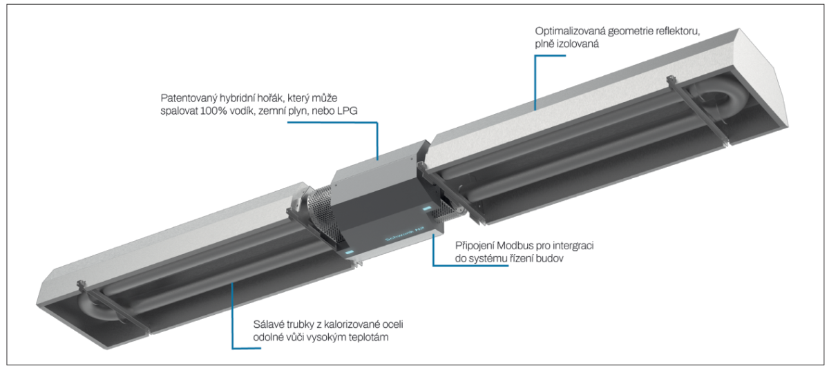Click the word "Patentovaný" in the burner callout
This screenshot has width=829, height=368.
(189, 99)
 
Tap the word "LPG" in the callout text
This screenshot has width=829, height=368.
(347, 111)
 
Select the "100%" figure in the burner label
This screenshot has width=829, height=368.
(213, 111)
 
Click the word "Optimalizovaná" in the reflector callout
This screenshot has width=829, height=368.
(569, 32)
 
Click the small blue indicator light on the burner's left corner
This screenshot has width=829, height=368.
(349, 252)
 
